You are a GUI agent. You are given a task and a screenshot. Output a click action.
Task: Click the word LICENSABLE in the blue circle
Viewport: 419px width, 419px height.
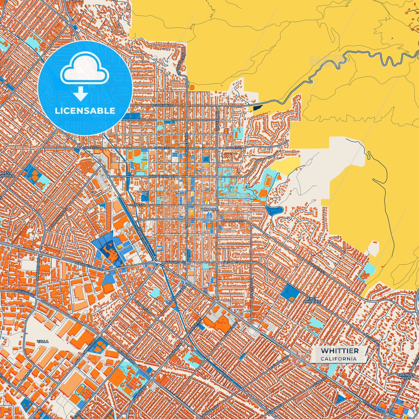(x=85, y=111)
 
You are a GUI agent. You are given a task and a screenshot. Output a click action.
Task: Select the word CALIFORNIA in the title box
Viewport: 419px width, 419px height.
(x=338, y=359)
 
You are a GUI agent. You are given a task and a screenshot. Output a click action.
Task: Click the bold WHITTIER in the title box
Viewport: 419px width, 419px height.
(x=340, y=351)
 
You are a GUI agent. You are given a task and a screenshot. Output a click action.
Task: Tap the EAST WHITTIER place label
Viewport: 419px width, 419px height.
(x=312, y=300)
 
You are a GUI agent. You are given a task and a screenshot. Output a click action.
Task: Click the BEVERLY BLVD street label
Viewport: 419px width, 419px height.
(x=162, y=106)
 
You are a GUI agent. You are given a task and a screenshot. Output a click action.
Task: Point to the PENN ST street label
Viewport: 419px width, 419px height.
(x=137, y=205)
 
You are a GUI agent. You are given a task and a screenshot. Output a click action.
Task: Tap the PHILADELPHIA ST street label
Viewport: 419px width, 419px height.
(x=162, y=176)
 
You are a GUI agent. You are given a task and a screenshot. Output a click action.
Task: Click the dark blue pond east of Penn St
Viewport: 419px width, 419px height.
(x=274, y=211)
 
